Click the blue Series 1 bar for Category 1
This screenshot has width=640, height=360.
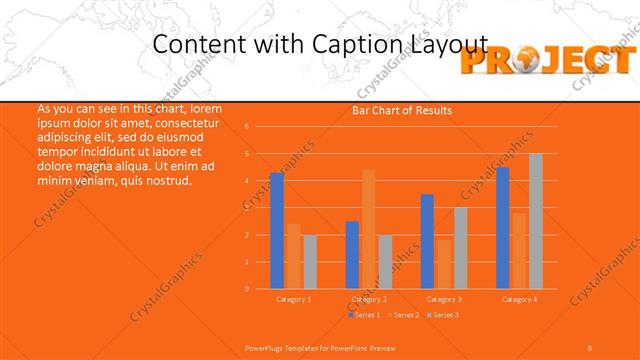click(277, 231)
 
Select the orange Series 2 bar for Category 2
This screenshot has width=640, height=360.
click(368, 229)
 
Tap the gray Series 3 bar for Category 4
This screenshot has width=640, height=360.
click(536, 221)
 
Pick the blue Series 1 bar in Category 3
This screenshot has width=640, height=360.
click(427, 241)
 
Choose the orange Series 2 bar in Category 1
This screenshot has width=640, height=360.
click(293, 256)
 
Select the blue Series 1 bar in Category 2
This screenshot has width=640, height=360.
click(352, 255)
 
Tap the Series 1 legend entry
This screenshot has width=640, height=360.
click(364, 315)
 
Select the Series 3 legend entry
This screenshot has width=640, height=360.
click(441, 315)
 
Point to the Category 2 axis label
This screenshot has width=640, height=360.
click(369, 299)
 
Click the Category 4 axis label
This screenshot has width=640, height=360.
click(519, 299)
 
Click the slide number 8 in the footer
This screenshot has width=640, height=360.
click(590, 347)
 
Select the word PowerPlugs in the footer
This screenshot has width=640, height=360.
click(264, 347)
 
